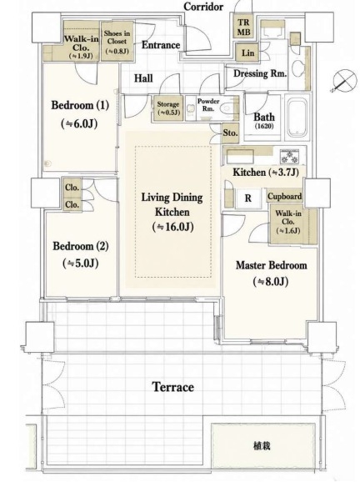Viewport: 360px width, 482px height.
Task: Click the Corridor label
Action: [x=203, y=7]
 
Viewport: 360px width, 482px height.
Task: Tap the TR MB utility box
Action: [x=243, y=27]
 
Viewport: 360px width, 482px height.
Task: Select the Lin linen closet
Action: [x=247, y=53]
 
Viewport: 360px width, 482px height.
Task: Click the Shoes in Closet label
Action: [x=117, y=38]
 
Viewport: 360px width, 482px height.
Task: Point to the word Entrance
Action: [x=161, y=45]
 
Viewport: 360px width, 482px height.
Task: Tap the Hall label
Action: [x=143, y=78]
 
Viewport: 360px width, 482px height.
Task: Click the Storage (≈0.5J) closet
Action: [x=168, y=108]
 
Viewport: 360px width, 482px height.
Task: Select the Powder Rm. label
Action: [x=208, y=105]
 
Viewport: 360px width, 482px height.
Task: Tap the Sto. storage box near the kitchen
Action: [x=230, y=133]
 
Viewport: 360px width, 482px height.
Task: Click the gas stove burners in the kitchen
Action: [x=289, y=157]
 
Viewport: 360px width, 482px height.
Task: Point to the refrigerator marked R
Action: [x=247, y=198]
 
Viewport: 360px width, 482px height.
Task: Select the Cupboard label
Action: [x=284, y=196]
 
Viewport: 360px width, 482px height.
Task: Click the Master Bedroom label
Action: [x=271, y=265]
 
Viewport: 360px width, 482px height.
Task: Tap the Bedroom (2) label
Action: [x=81, y=246]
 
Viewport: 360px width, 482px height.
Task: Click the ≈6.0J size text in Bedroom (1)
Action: [x=79, y=124]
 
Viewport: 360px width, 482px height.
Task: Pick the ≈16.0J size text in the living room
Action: [x=172, y=227]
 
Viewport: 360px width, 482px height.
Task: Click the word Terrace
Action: [x=173, y=387]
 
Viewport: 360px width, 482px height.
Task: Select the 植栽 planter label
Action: [x=262, y=445]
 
